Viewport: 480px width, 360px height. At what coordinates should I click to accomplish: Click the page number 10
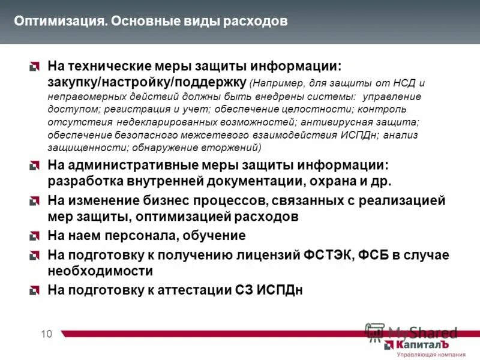coord(47,334)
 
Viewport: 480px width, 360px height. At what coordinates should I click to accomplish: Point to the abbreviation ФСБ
coord(373,256)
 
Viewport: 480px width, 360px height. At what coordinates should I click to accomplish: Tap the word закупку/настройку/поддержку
coord(146,82)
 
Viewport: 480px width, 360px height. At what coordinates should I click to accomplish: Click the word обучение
coord(216,236)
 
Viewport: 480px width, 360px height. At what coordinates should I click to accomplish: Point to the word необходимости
coord(100,271)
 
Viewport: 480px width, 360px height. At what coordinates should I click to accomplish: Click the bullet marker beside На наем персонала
coord(35,236)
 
